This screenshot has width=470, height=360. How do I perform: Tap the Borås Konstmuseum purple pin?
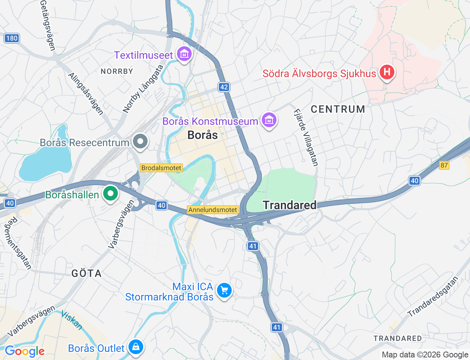click(x=269, y=120)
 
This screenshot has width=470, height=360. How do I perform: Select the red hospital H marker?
click(x=387, y=72)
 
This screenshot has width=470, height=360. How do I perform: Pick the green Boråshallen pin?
click(x=110, y=194)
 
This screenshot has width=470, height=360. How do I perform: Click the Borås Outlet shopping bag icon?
click(x=135, y=346)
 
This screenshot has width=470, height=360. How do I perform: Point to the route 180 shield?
click(x=12, y=38)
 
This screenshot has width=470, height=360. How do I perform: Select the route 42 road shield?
click(x=224, y=87)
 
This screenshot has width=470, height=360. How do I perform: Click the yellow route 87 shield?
click(x=444, y=165)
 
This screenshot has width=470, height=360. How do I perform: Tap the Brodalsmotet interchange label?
click(x=161, y=168)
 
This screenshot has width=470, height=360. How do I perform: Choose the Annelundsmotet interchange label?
click(x=213, y=210)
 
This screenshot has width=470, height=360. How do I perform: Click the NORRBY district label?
click(x=117, y=71)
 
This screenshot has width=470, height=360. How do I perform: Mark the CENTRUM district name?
click(x=338, y=109)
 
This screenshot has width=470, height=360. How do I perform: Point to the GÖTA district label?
click(x=86, y=273)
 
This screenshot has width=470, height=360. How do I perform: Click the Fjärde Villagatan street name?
click(x=305, y=138)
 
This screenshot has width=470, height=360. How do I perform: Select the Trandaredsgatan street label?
click(x=433, y=297)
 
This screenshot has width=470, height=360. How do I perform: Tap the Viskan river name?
click(x=72, y=320)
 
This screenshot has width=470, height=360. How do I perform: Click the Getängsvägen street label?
click(x=47, y=25)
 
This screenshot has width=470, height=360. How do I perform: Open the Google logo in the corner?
click(x=25, y=352)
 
